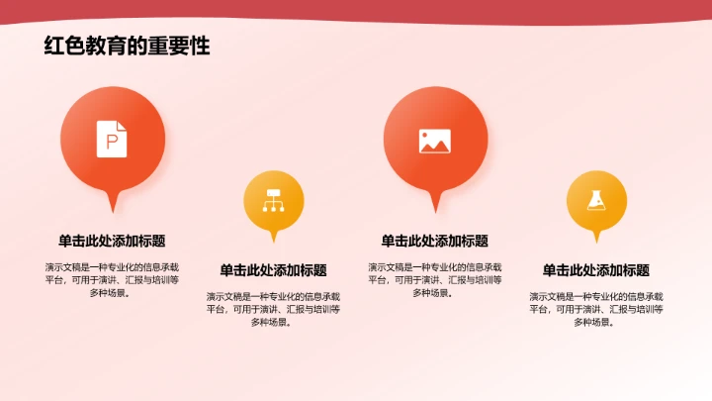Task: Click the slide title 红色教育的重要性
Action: pos(127,46)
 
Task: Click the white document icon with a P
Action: pos(112,139)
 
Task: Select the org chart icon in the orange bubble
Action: pos(273,201)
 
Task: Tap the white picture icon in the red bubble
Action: pos(435,141)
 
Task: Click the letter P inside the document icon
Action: pos(112,142)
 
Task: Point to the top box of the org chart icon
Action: pos(273,193)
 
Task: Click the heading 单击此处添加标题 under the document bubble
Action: pos(112,241)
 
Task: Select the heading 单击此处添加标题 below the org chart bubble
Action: pos(273,270)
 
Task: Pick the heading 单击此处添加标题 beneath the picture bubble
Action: pos(435,241)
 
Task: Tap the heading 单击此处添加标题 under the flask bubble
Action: pos(596,270)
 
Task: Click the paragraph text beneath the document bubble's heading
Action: pos(112,279)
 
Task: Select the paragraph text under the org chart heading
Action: pos(273,309)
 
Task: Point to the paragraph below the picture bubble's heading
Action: pos(435,279)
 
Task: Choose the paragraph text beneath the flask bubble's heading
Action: pos(596,309)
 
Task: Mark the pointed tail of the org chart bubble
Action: pos(274,238)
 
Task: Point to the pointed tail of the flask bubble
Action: pos(596,238)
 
